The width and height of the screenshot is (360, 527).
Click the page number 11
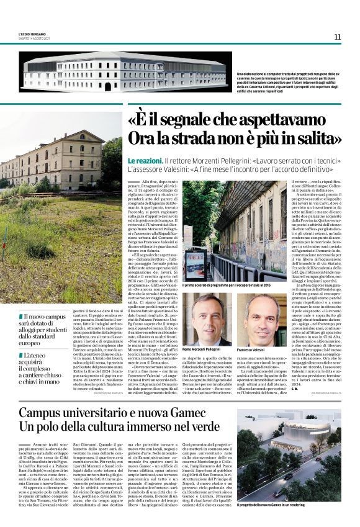[x=338, y=37]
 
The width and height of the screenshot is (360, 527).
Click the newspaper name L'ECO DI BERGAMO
[x=32, y=34]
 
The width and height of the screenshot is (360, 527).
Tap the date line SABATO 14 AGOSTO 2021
[x=35, y=38]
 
